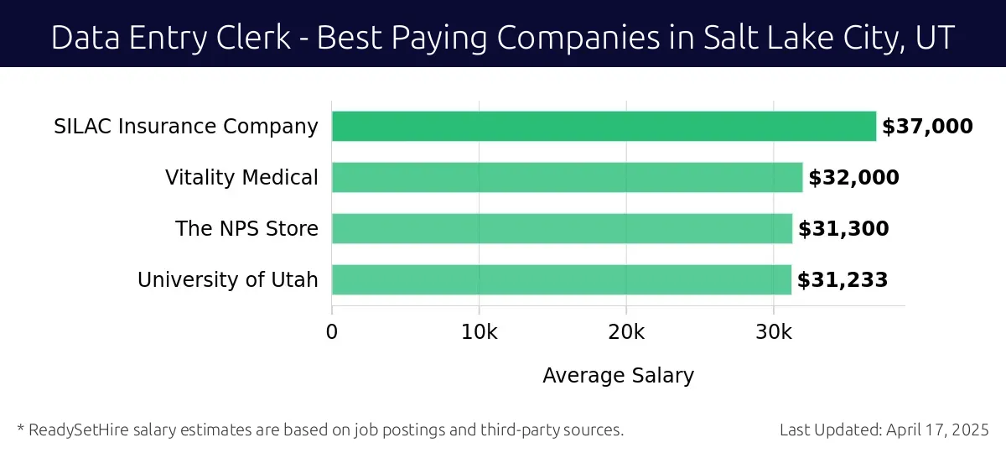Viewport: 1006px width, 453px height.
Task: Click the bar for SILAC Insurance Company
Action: [x=604, y=127]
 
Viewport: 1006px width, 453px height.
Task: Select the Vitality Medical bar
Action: [x=567, y=178]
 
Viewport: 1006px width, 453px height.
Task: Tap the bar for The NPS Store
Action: [x=562, y=229]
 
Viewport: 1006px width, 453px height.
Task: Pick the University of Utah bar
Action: [x=561, y=280]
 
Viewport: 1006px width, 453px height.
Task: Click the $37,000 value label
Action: [x=927, y=127]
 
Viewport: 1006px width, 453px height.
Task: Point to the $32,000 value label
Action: [x=853, y=178]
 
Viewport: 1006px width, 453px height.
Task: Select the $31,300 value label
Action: [x=843, y=229]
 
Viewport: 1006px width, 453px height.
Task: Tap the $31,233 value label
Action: [x=843, y=280]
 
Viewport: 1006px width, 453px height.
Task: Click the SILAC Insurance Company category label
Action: [x=186, y=127]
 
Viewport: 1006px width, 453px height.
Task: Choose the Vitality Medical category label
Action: [x=241, y=178]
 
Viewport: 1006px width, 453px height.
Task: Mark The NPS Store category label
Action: [x=246, y=229]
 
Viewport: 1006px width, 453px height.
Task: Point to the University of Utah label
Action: [x=228, y=280]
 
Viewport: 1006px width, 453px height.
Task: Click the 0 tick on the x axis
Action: [x=332, y=332]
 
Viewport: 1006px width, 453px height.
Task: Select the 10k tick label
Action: [x=479, y=332]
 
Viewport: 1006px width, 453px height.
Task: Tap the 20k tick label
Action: [x=626, y=332]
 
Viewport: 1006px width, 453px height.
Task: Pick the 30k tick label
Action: [x=773, y=332]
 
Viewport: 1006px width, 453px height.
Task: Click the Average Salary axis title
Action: [x=619, y=375]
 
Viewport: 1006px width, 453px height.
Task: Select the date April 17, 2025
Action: [x=938, y=430]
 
